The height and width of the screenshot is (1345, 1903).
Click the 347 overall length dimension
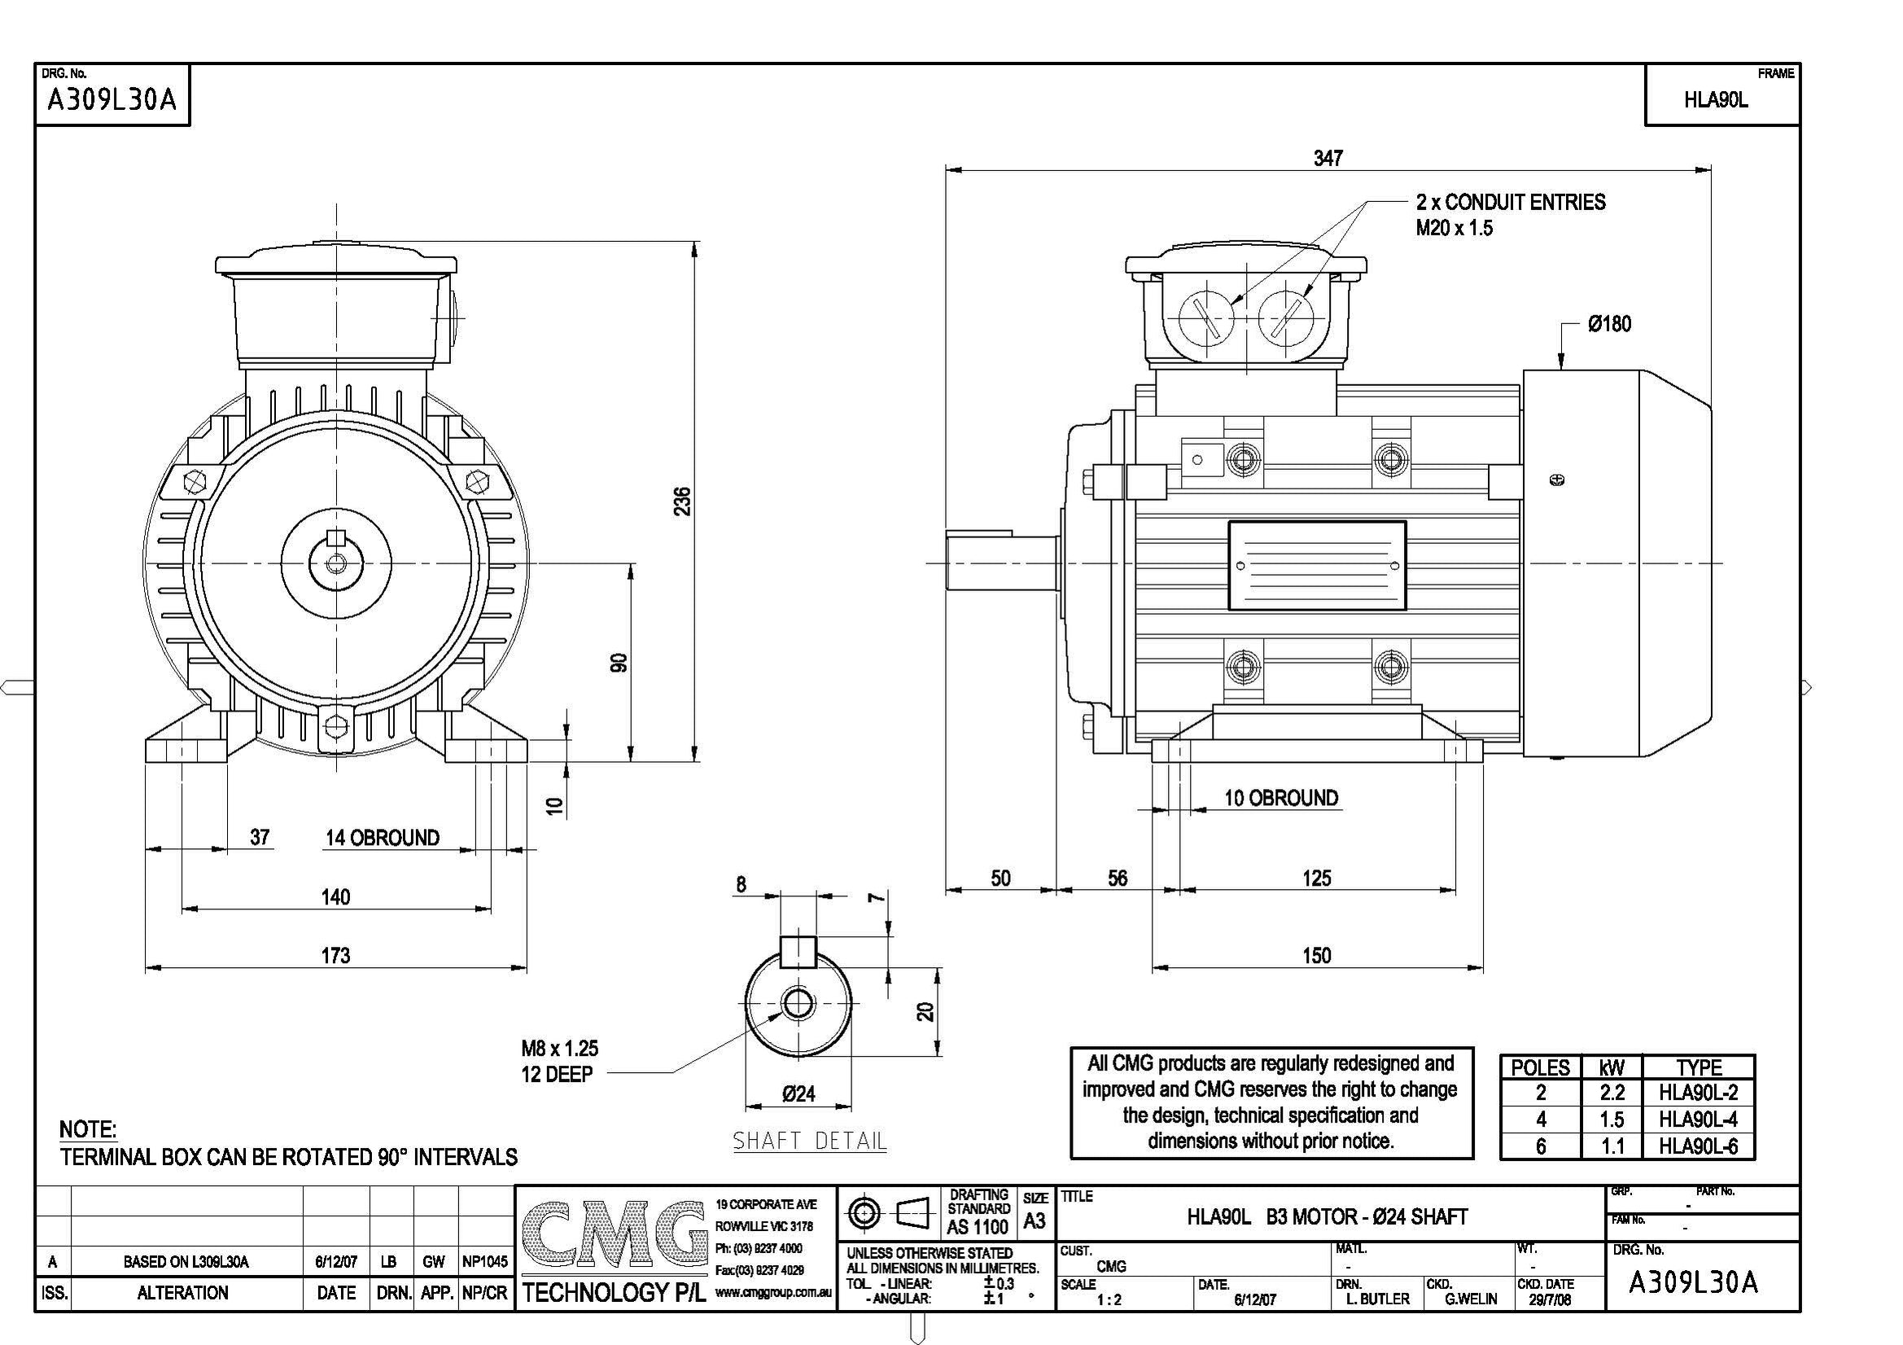(x=1327, y=158)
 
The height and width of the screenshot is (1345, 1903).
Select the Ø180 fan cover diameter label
(x=1609, y=324)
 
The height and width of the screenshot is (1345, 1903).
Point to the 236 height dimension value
(x=681, y=501)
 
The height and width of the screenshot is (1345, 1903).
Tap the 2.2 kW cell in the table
(x=1612, y=1093)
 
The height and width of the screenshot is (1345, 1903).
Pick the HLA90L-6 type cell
(x=1697, y=1147)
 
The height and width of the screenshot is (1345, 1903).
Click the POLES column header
(x=1540, y=1067)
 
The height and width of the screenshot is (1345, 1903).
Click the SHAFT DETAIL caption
(x=809, y=1141)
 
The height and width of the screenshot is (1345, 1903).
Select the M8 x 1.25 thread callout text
(x=559, y=1048)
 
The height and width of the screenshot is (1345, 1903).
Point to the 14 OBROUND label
(x=382, y=838)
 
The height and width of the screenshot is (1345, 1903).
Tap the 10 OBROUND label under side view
(x=1280, y=798)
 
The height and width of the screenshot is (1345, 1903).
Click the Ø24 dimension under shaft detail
(x=798, y=1093)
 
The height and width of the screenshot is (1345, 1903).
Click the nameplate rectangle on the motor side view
(x=1316, y=566)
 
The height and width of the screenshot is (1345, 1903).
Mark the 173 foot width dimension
(x=335, y=955)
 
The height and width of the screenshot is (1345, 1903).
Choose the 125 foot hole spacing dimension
(x=1316, y=878)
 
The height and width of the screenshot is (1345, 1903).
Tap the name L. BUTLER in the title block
(x=1377, y=1299)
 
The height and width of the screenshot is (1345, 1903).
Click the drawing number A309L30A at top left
(x=112, y=100)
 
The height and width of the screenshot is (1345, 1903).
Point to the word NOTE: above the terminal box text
(x=88, y=1129)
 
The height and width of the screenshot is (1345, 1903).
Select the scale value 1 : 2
(x=1109, y=1300)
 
